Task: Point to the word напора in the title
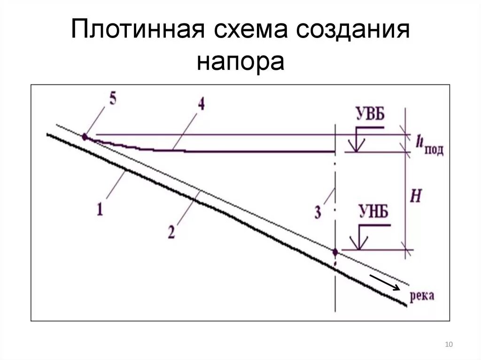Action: tap(240, 61)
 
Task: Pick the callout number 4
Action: tap(201, 104)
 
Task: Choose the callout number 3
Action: tap(318, 213)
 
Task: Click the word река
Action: tap(422, 296)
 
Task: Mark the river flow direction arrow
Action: tap(385, 283)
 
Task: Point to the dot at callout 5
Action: tap(85, 137)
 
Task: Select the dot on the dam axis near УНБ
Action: tap(335, 253)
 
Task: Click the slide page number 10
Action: tap(449, 345)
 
